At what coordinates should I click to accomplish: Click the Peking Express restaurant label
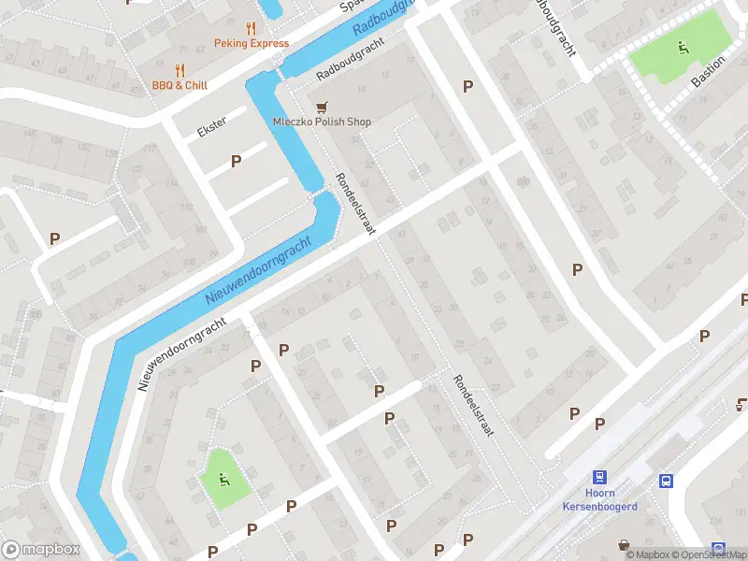(251, 43)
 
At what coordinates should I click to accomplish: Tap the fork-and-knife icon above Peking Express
(251, 28)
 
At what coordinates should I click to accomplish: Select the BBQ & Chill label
(180, 85)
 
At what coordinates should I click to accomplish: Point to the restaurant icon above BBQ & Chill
(180, 70)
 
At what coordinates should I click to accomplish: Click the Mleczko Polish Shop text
(322, 122)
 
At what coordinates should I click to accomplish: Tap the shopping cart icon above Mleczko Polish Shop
(323, 108)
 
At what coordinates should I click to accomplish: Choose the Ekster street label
(212, 128)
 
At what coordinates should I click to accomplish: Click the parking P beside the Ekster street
(237, 161)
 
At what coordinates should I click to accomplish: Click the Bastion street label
(708, 71)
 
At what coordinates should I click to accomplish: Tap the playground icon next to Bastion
(683, 48)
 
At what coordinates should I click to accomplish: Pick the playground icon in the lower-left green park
(223, 481)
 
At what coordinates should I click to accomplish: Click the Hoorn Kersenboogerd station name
(600, 500)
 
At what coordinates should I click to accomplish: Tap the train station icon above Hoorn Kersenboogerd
(600, 477)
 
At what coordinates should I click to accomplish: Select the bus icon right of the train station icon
(665, 482)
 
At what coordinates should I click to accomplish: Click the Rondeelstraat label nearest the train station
(472, 407)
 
